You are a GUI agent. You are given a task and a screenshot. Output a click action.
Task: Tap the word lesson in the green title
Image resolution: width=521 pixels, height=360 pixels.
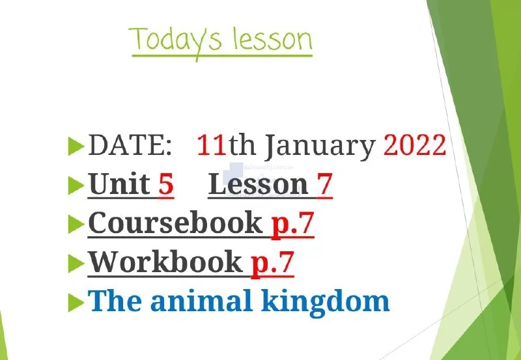tap(272, 38)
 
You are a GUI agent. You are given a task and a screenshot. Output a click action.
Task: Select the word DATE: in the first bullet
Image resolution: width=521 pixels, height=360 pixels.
tap(130, 145)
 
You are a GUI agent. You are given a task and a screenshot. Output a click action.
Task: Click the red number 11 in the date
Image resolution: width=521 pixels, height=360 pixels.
tap(211, 145)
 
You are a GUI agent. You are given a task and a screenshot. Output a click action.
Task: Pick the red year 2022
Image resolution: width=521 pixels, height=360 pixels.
tap(415, 145)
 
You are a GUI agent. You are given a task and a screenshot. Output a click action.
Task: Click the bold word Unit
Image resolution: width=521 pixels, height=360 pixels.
tap(120, 184)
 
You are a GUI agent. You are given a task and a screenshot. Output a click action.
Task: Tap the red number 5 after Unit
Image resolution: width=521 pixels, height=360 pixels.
tap(166, 184)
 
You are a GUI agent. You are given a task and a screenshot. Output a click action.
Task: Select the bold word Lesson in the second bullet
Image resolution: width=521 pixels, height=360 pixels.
tap(259, 184)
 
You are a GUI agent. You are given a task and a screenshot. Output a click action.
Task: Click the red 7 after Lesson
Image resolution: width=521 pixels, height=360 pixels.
tap(324, 184)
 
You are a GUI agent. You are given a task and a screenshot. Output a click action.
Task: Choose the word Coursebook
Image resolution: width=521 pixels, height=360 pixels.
tap(175, 223)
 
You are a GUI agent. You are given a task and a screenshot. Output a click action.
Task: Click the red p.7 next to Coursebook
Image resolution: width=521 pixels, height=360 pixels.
tap(292, 225)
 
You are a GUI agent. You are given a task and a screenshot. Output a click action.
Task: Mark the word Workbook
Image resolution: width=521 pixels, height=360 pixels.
tap(165, 261)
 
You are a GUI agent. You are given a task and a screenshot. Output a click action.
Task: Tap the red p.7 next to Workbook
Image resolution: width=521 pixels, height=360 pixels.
tap(272, 264)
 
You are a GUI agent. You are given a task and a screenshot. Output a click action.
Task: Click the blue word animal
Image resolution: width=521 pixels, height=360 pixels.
tap(201, 301)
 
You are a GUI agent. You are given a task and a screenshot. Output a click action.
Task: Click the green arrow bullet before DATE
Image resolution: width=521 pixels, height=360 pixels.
tap(76, 146)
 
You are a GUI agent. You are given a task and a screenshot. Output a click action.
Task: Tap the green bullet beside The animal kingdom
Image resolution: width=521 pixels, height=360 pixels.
tap(76, 303)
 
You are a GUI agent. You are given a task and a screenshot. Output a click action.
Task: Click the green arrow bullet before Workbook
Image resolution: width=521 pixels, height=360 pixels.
tap(76, 264)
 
